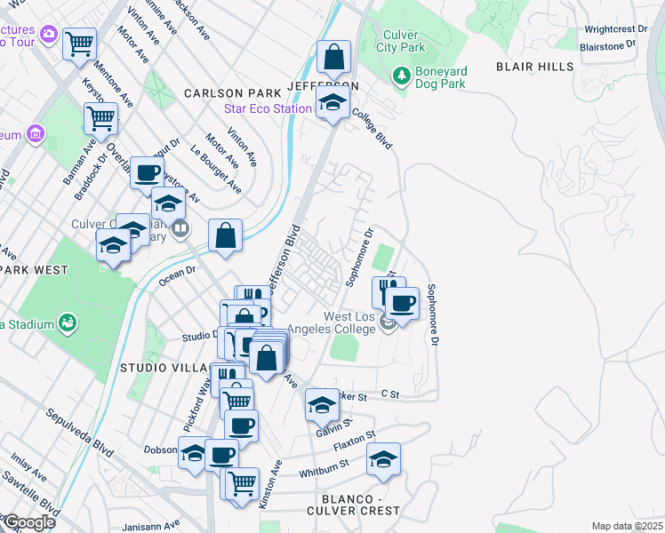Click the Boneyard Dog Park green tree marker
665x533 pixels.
click(x=401, y=77)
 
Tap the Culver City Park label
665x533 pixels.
click(x=400, y=41)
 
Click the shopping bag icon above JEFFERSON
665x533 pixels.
click(x=333, y=58)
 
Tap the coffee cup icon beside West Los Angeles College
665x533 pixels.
click(x=402, y=304)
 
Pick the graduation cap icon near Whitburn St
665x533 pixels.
click(x=383, y=458)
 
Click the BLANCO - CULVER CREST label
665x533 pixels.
click(x=353, y=505)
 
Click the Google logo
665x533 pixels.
click(x=28, y=522)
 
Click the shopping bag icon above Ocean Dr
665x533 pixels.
click(x=226, y=236)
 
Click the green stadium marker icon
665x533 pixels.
click(x=66, y=321)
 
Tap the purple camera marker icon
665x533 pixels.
click(x=48, y=35)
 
